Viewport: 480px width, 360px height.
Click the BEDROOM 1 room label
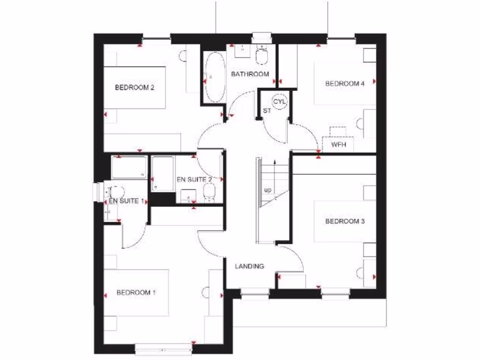[136, 292]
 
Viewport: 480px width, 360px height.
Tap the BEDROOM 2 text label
[135, 87]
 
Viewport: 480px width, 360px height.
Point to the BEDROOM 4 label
[345, 84]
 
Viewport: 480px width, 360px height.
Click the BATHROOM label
[250, 74]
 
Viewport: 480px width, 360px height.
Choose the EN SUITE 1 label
[125, 201]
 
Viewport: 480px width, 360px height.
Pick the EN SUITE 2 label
[195, 180]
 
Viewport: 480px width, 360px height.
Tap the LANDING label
[249, 266]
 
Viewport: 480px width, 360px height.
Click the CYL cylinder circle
[280, 101]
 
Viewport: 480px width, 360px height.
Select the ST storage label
[267, 111]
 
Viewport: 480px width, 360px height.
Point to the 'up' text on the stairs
[268, 190]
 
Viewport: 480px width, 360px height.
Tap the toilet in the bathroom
[262, 56]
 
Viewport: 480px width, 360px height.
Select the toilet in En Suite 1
[115, 192]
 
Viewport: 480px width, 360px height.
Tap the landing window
[255, 292]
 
